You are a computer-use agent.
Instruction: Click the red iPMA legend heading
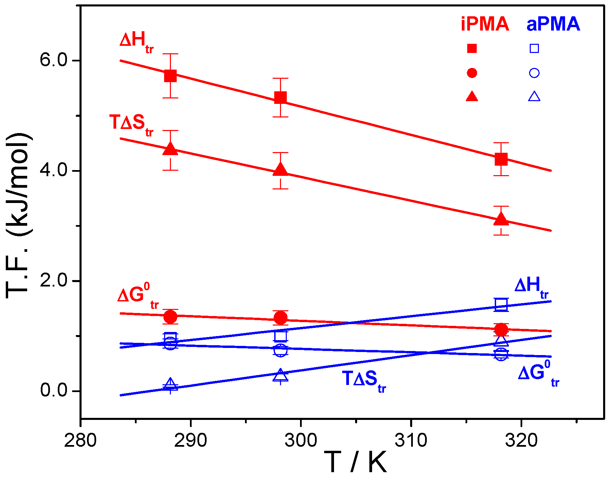(x=485, y=24)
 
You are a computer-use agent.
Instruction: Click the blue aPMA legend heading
(x=553, y=24)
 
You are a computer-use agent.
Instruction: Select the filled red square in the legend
(x=472, y=49)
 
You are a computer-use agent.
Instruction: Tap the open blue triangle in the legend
(x=534, y=97)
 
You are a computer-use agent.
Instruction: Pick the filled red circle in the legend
(x=472, y=73)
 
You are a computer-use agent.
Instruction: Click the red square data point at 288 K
(x=170, y=76)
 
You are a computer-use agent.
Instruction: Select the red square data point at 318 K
(x=501, y=159)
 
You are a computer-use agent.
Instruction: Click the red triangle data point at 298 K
(x=280, y=169)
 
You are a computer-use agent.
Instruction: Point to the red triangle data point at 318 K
(x=501, y=220)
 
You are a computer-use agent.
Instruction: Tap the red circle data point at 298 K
(x=280, y=318)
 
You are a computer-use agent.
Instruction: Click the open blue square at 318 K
(x=501, y=304)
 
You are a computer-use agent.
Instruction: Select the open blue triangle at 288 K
(x=170, y=385)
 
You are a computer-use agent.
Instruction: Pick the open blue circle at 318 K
(x=501, y=354)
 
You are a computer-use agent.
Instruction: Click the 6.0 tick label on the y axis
(x=54, y=60)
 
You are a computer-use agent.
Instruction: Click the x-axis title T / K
(x=355, y=462)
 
